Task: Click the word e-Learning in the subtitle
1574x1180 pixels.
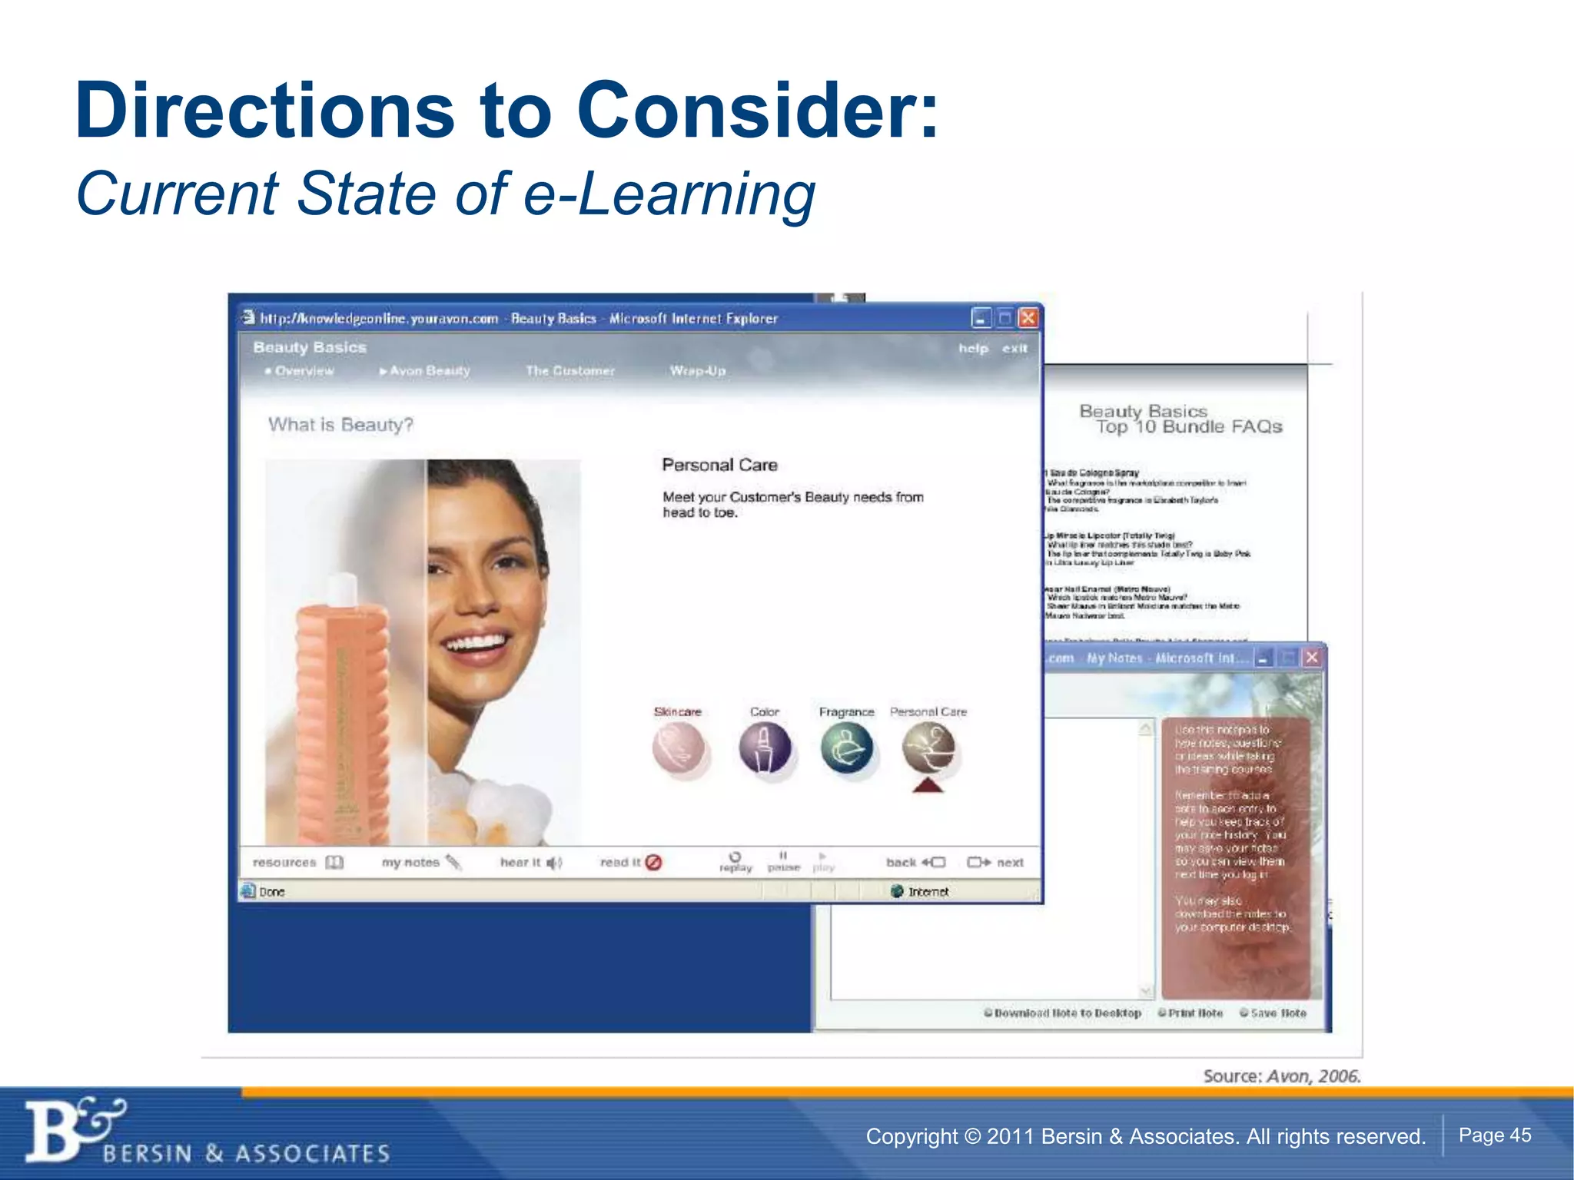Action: (x=669, y=194)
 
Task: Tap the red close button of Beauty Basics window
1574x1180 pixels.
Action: (x=1028, y=317)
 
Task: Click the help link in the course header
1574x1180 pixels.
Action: (x=972, y=349)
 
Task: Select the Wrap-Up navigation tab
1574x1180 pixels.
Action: (x=697, y=371)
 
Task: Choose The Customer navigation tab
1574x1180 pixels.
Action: (x=569, y=371)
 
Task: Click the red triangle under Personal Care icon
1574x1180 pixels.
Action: (x=928, y=785)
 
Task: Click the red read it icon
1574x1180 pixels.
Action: (x=653, y=863)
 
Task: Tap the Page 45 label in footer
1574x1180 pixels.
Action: (x=1494, y=1135)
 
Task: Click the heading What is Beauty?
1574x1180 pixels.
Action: (x=340, y=425)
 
